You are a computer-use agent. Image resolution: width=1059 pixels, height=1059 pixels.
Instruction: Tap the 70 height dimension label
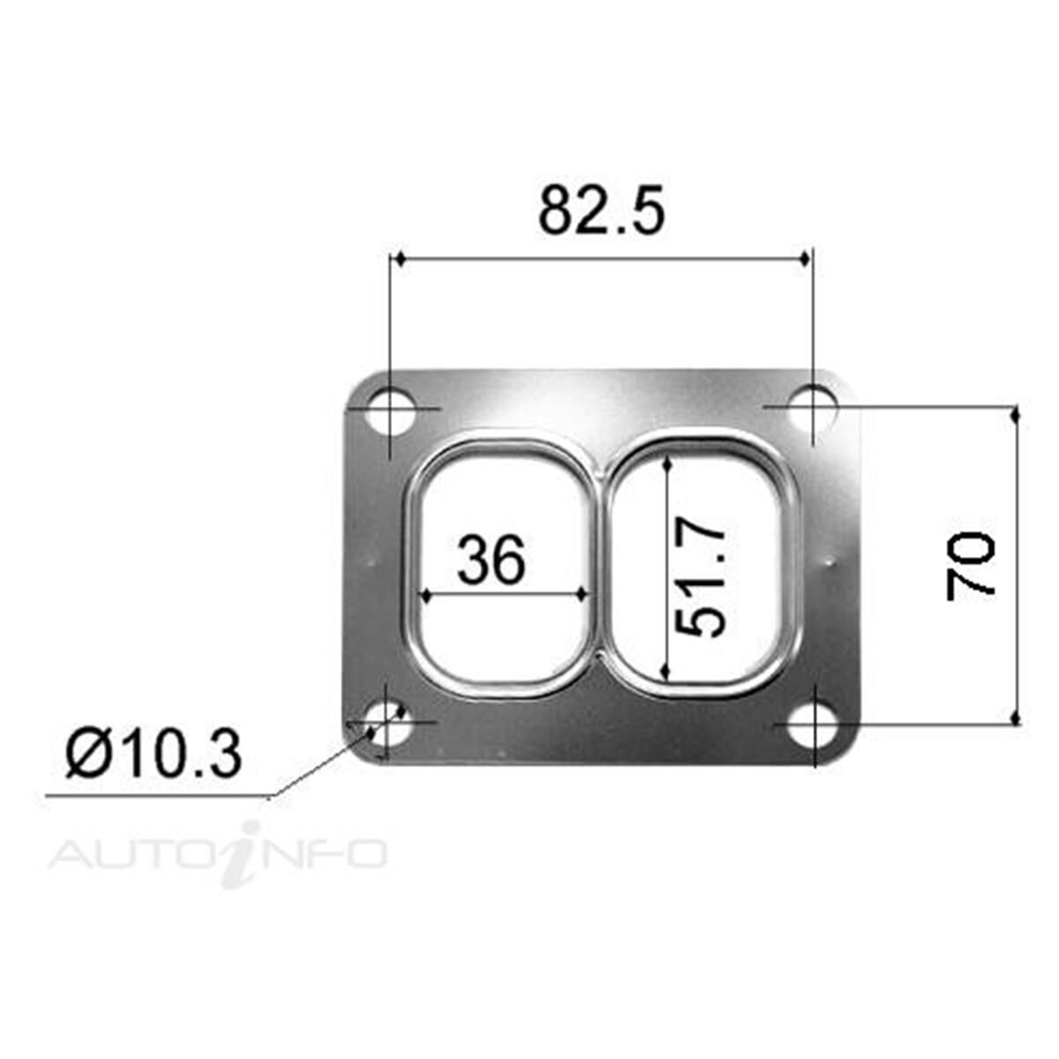click(x=971, y=566)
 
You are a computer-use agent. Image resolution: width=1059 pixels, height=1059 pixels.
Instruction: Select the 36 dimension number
click(x=492, y=560)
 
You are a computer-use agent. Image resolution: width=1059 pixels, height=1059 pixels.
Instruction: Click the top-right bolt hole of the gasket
click(x=813, y=407)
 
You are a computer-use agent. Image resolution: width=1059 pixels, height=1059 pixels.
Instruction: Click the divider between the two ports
click(x=599, y=566)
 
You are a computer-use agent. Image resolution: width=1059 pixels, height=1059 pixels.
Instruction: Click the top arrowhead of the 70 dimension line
click(x=1016, y=414)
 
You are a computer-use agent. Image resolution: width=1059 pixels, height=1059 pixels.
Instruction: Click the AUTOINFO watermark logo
click(x=218, y=853)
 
